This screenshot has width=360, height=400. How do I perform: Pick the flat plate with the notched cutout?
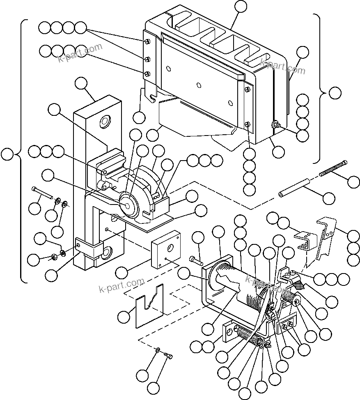click(x=149, y=305)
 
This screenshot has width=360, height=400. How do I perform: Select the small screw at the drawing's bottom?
click(x=168, y=355)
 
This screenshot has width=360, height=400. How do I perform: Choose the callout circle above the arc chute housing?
click(x=241, y=6)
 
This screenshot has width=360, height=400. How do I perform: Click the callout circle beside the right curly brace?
click(x=335, y=93)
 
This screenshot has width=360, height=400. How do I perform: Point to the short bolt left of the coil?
click(x=197, y=260)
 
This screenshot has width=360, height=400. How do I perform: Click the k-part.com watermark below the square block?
click(x=122, y=285)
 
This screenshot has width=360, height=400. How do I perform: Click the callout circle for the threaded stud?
click(x=354, y=181)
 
